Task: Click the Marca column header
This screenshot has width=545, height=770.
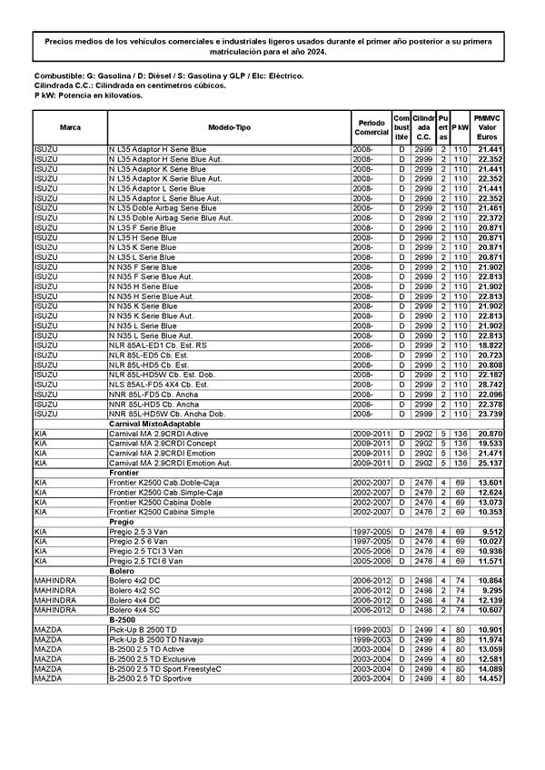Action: [x=70, y=127]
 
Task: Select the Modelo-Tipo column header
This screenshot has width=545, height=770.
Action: [x=229, y=127]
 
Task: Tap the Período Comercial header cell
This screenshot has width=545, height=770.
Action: [x=372, y=127]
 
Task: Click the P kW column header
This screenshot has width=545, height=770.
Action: [x=461, y=127]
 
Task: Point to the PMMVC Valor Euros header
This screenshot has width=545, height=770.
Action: [x=490, y=127]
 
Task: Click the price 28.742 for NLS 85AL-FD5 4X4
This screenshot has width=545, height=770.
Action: [x=490, y=385]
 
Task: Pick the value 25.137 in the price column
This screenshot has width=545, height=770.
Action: [x=490, y=463]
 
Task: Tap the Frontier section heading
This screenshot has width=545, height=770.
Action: [x=124, y=473]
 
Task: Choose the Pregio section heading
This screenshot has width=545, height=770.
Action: [x=121, y=522]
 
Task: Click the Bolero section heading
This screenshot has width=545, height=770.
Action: [x=121, y=570]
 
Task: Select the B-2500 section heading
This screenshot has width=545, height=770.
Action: [x=123, y=619]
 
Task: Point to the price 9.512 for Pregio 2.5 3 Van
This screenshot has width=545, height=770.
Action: [x=492, y=532]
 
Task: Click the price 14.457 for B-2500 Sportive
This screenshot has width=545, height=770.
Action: [x=490, y=678]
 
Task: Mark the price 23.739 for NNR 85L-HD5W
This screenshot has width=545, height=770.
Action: [x=490, y=414]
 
